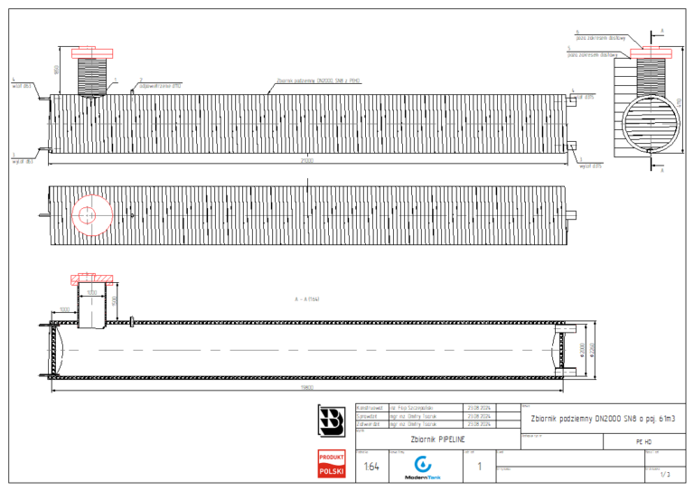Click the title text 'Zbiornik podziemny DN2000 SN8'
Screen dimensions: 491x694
pyautogui.click(x=597, y=418)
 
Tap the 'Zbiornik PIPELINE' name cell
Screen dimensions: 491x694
pyautogui.click(x=437, y=438)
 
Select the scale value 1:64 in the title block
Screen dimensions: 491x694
pyautogui.click(x=370, y=467)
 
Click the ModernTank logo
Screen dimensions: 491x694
pyautogui.click(x=422, y=466)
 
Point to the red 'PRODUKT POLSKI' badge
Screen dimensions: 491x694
pyautogui.click(x=332, y=465)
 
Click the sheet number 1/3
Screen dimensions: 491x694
pyautogui.click(x=665, y=473)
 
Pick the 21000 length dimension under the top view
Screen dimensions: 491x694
pyautogui.click(x=307, y=161)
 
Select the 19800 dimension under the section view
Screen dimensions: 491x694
pyautogui.click(x=307, y=387)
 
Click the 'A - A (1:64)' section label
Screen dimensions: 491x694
pyautogui.click(x=307, y=297)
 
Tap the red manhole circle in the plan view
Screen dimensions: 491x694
pyautogui.click(x=88, y=214)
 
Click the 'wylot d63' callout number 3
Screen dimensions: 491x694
pyautogui.click(x=22, y=161)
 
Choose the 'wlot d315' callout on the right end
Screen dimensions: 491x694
pyautogui.click(x=583, y=95)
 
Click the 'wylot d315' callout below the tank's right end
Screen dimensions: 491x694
pyautogui.click(x=590, y=165)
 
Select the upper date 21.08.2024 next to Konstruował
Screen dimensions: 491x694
pyautogui.click(x=478, y=409)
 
